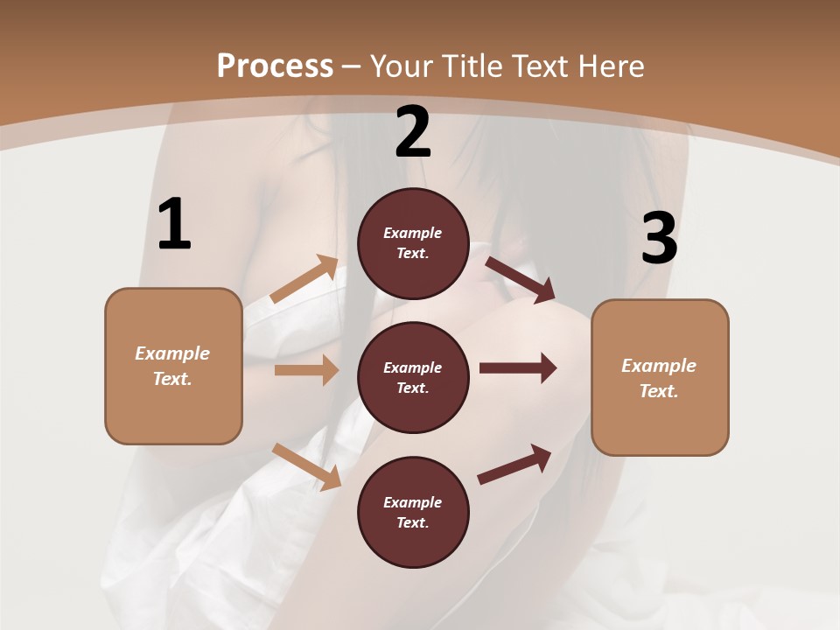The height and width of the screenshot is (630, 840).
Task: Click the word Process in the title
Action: (x=275, y=66)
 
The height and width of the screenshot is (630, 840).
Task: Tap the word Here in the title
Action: (x=610, y=66)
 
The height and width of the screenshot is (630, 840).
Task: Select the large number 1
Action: (x=174, y=225)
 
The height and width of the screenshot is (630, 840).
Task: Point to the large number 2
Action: (x=413, y=132)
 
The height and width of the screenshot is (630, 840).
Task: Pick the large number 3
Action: (x=660, y=239)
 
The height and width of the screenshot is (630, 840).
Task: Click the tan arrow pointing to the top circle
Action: (x=304, y=280)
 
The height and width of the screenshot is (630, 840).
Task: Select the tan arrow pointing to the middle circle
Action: (x=306, y=370)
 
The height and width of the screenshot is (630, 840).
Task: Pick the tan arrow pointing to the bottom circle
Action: (x=307, y=466)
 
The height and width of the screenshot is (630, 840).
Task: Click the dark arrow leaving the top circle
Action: (x=521, y=280)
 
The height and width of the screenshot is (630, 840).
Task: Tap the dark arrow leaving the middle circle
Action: (x=518, y=367)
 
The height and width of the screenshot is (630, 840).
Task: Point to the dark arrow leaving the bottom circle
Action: (x=514, y=464)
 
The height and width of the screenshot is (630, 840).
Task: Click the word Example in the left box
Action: (x=172, y=353)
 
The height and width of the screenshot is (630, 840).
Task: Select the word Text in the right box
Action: (x=658, y=391)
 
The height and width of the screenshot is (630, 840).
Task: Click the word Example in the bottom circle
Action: (x=413, y=502)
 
